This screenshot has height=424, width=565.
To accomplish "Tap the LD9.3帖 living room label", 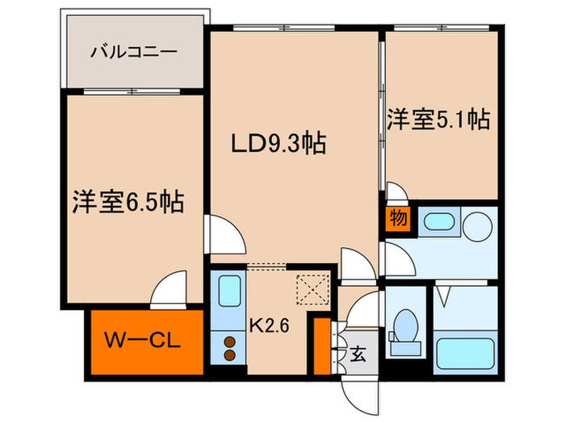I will click(278, 145).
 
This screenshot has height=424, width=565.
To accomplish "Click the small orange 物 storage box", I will click(398, 219).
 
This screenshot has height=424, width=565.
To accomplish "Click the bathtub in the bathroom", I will click(464, 353).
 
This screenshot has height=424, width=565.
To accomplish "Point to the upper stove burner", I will click(229, 341).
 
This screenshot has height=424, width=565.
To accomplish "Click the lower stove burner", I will click(229, 355).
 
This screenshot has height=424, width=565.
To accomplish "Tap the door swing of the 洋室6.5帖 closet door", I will click(171, 290).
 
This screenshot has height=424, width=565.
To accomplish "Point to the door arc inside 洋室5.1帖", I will click(396, 193).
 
